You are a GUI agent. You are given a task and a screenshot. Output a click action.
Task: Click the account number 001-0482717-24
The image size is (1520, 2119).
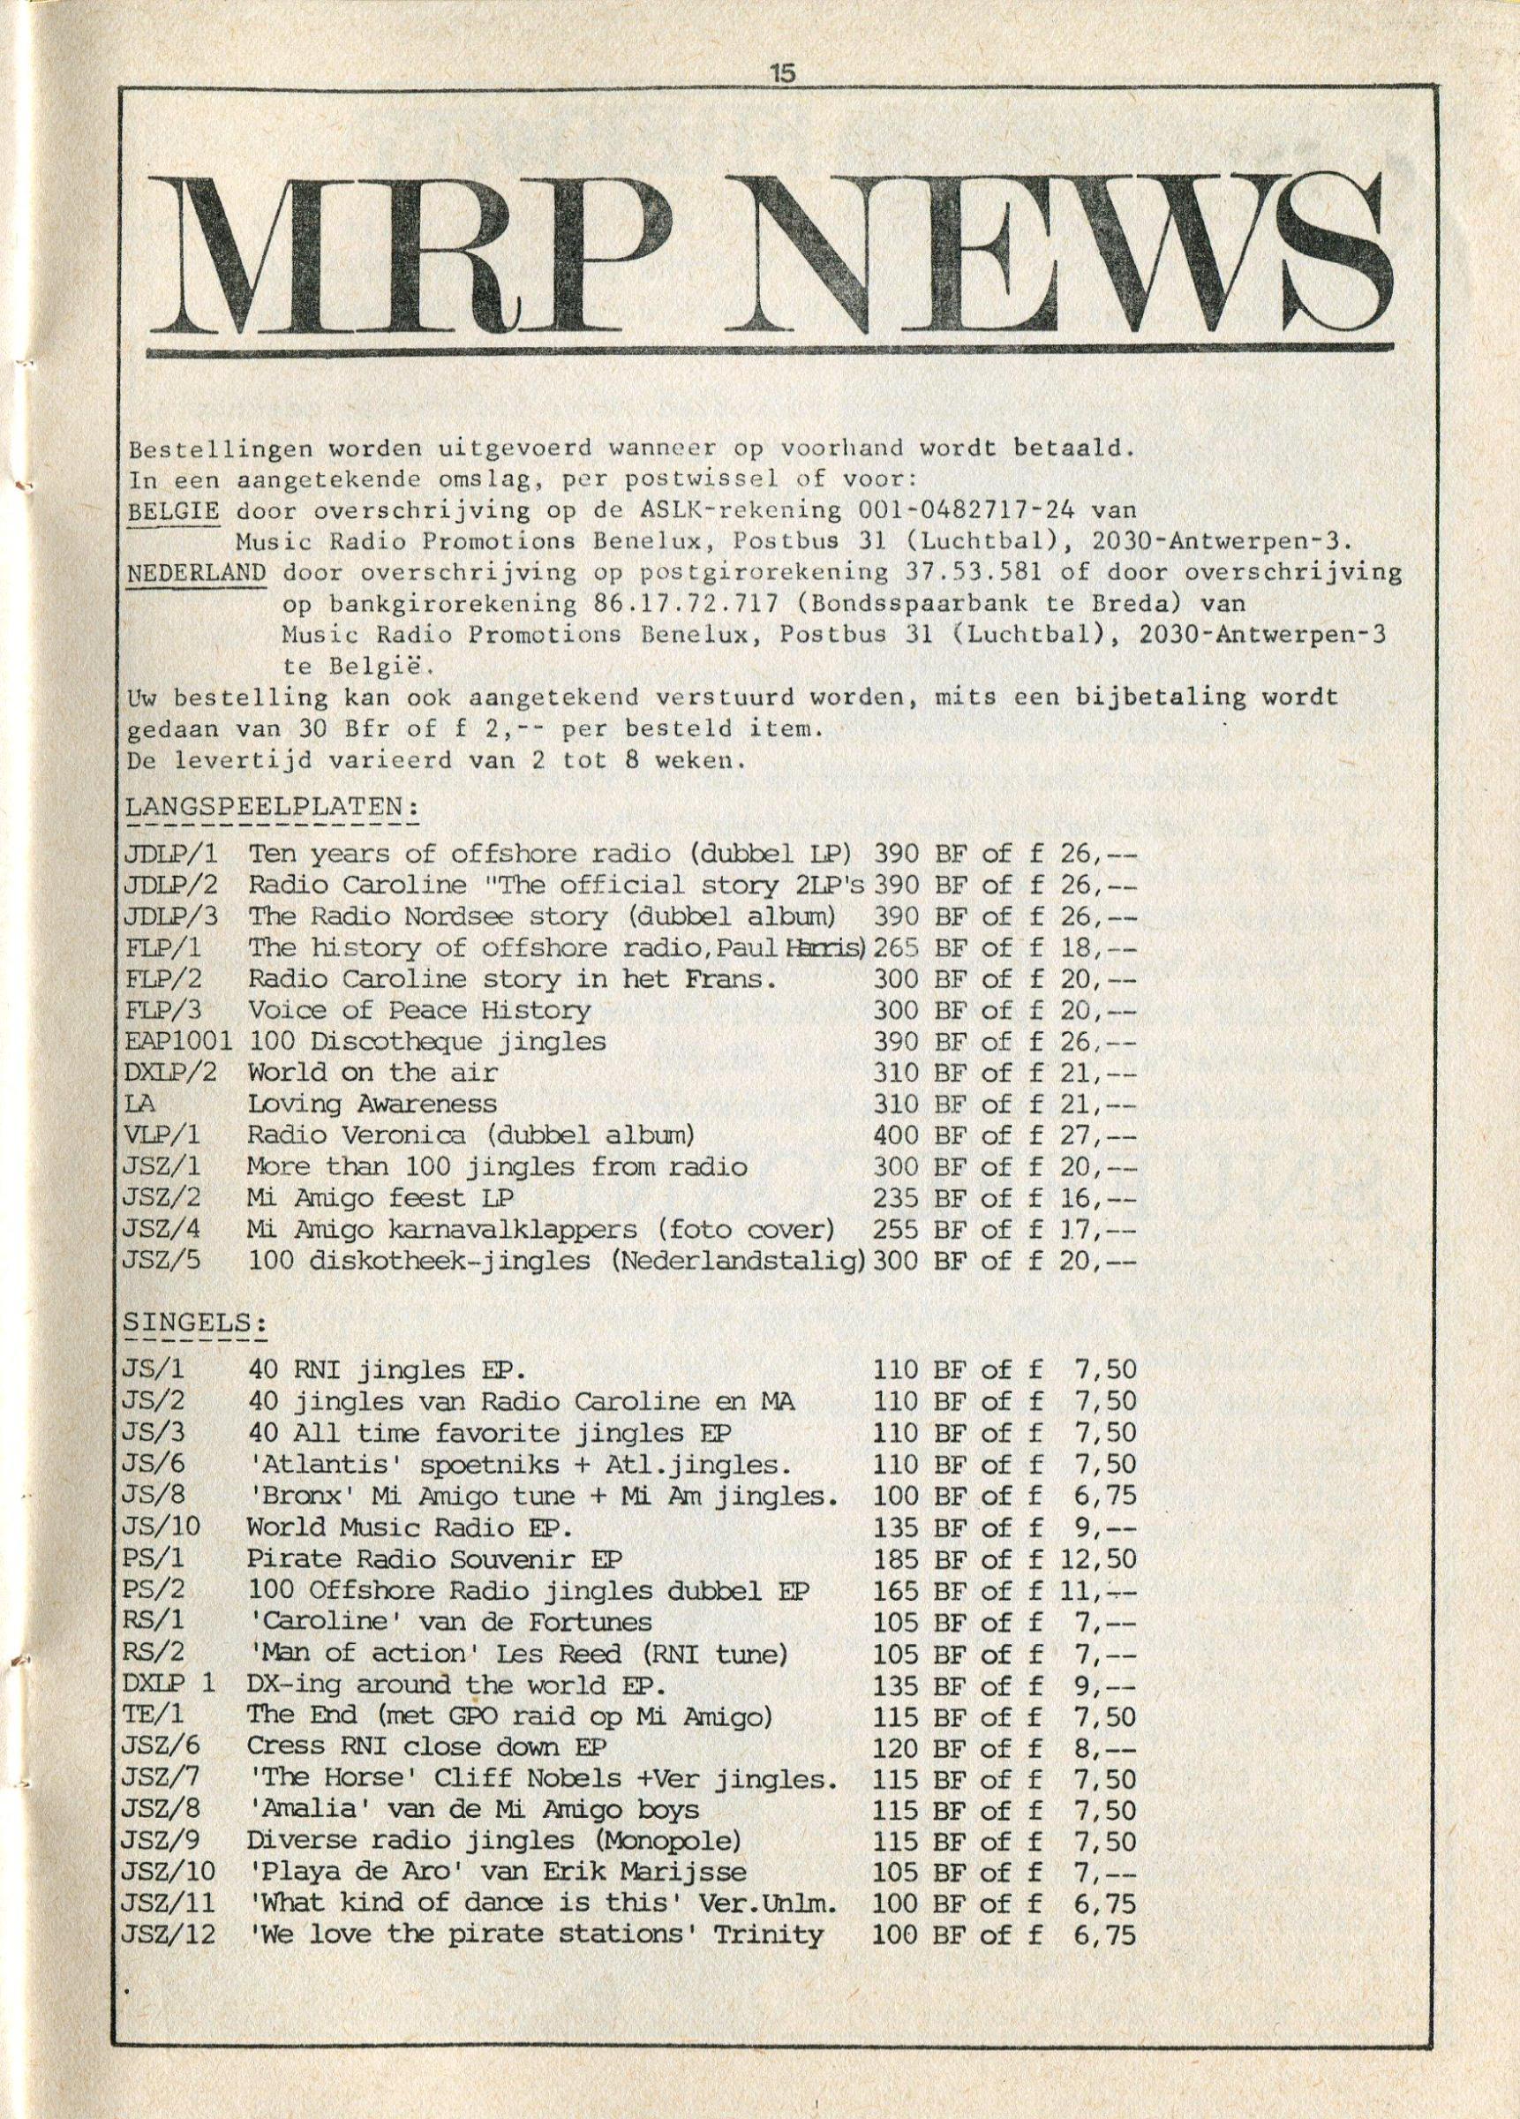(963, 511)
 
